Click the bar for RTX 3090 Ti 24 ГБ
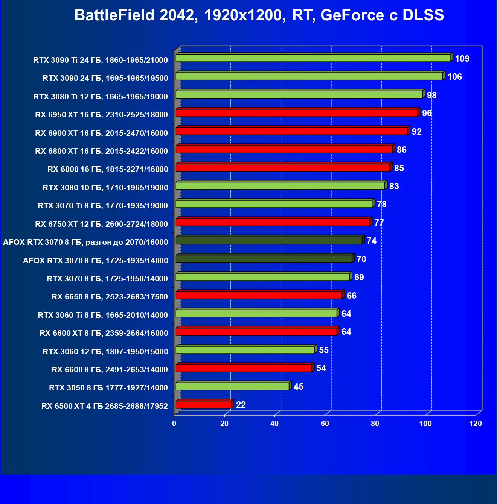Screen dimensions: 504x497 313,58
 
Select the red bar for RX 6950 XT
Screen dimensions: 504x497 296,113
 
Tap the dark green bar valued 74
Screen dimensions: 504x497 269,241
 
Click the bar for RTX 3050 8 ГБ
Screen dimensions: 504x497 232,386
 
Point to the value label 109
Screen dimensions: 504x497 462,59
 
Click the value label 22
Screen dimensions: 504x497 241,405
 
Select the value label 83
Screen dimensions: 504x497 394,186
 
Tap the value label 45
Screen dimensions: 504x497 298,387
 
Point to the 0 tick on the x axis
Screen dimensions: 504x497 174,424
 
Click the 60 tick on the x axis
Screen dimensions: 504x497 325,424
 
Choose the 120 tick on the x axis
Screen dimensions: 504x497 476,424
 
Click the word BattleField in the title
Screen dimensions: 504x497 114,15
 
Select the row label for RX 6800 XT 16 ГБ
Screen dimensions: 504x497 101,151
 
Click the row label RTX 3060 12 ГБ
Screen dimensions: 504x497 105,352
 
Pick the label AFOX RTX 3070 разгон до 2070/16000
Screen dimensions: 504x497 85,242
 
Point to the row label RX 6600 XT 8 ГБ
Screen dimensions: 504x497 104,333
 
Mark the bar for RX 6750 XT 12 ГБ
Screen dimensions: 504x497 273,222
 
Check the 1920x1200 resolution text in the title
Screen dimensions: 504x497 242,15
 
